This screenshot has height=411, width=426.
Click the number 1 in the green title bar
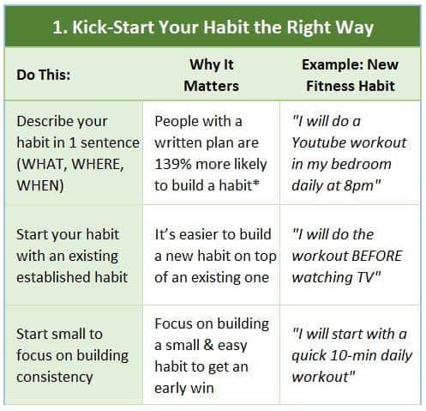click(58, 27)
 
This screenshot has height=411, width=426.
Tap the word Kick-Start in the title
click(113, 27)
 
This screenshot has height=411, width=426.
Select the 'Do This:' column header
click(44, 75)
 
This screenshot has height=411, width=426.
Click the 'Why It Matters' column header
click(212, 76)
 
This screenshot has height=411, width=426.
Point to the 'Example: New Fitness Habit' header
click(351, 76)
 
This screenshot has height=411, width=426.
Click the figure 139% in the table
click(173, 164)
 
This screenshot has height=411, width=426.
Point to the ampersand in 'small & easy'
click(208, 345)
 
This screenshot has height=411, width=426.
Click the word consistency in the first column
click(55, 377)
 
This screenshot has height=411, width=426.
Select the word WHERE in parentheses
click(98, 164)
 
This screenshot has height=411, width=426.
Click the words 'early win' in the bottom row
click(184, 388)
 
